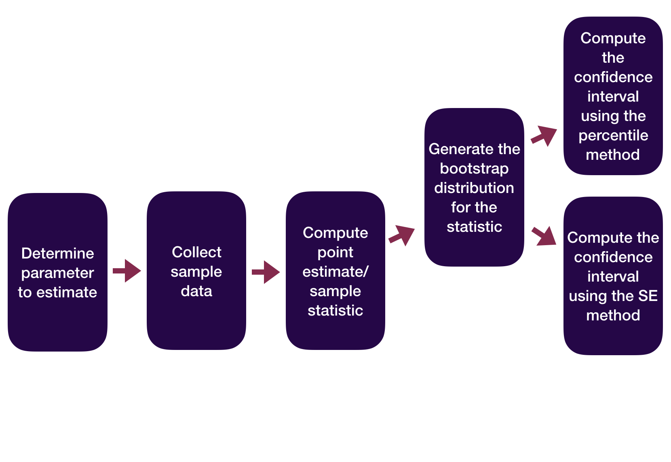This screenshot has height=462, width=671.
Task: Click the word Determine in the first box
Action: (x=57, y=254)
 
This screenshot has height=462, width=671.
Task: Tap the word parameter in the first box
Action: (x=57, y=273)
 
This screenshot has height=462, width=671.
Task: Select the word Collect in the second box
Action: (x=196, y=252)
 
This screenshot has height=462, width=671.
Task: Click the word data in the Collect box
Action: (x=196, y=291)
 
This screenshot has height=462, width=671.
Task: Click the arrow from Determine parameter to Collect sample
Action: (x=127, y=271)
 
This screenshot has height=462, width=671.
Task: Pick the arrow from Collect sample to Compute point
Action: (x=266, y=272)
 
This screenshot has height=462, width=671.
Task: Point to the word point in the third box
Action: (x=335, y=252)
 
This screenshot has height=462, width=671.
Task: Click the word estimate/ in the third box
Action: (x=335, y=272)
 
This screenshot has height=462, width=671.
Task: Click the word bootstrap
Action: (x=474, y=169)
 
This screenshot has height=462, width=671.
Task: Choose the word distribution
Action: (x=474, y=188)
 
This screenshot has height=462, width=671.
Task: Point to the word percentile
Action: (x=613, y=136)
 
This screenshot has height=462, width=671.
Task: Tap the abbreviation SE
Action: (x=648, y=296)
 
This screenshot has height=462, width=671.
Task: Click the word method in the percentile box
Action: (x=613, y=155)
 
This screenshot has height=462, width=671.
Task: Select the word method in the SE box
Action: (x=613, y=316)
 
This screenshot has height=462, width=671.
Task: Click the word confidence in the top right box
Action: (x=613, y=77)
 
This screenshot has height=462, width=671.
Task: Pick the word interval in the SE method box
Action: (x=613, y=277)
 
